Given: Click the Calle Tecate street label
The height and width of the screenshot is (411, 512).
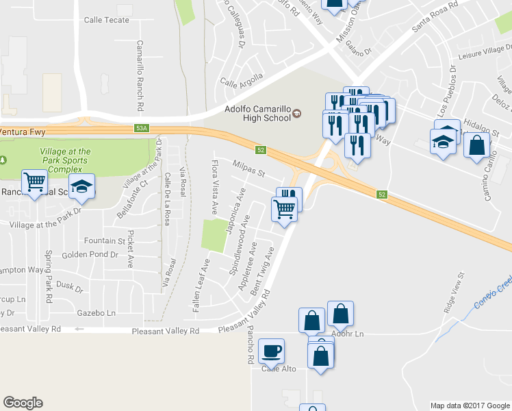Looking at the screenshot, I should (x=106, y=20).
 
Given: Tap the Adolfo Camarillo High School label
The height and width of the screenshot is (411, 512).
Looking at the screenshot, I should (x=258, y=113).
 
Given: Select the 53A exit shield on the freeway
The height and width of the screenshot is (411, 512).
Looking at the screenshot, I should (x=142, y=128).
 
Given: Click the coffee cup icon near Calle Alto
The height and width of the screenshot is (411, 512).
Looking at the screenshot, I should (x=272, y=351).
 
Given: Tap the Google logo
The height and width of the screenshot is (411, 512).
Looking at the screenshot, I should (x=23, y=403).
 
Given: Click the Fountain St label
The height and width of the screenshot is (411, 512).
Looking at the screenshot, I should (x=105, y=241).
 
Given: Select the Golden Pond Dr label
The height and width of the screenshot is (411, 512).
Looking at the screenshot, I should (x=90, y=255).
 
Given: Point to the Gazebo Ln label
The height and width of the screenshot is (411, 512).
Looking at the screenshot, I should (x=97, y=312).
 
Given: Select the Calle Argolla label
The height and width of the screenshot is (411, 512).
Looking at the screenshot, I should (x=242, y=80).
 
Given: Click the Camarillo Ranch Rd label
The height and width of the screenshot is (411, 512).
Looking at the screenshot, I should (x=139, y=75).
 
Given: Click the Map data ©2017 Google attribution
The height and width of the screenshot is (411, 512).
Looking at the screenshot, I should (x=470, y=405).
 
